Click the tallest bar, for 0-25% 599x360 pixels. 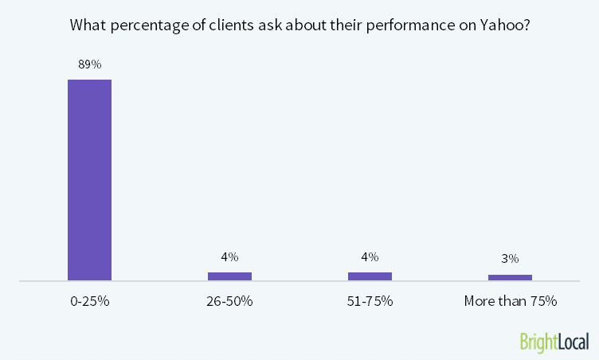click(89, 180)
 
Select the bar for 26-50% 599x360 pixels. click(229, 276)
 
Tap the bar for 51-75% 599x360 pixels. click(370, 276)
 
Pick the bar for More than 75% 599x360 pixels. click(510, 277)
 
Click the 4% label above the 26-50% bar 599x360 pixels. click(229, 257)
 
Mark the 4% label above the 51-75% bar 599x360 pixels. click(370, 257)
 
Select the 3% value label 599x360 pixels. click(510, 259)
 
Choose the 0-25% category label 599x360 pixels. click(89, 302)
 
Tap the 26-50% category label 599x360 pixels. click(229, 302)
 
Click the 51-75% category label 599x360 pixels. click(370, 302)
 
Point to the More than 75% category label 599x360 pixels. click(510, 302)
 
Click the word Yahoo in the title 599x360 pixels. click(505, 25)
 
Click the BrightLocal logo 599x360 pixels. click(554, 342)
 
